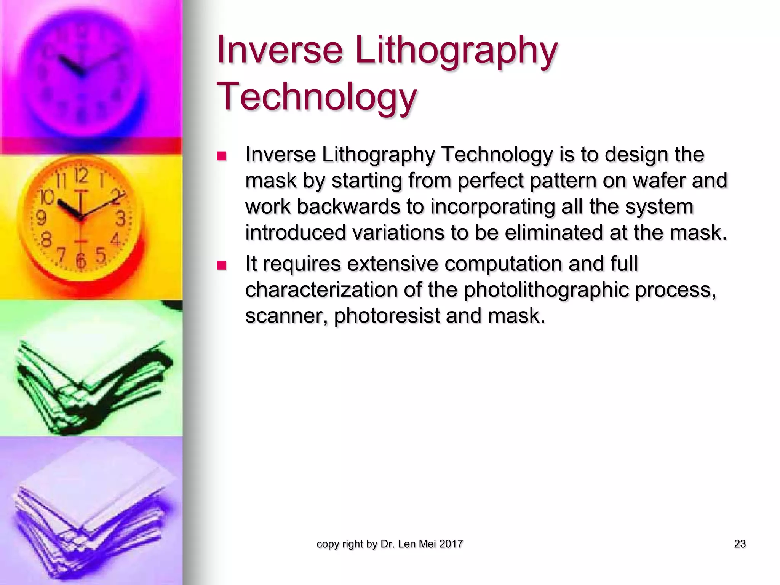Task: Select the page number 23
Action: coord(740,544)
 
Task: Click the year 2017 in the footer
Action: coord(451,544)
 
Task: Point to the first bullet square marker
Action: coord(221,156)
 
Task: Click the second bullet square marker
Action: coord(221,265)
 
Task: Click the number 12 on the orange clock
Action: coord(81,176)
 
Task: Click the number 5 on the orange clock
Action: coord(100,254)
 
